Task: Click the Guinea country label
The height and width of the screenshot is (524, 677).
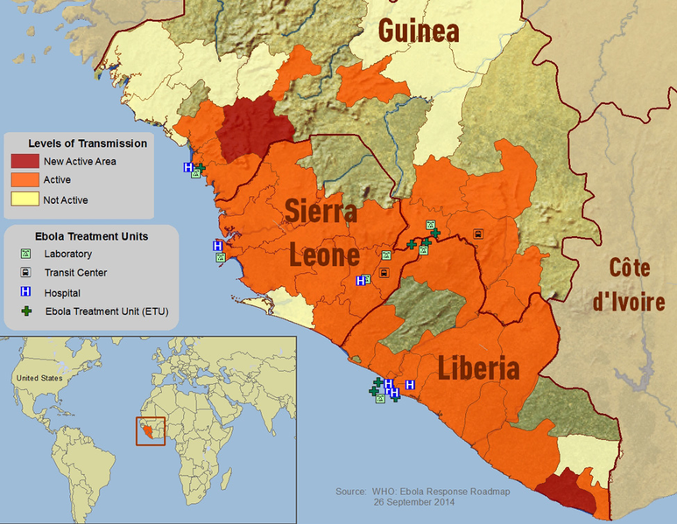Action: coord(419,31)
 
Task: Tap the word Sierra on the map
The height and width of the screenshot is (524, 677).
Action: coord(321,212)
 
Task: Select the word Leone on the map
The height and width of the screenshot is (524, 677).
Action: coord(324,255)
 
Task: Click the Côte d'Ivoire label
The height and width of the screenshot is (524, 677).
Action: coord(628,286)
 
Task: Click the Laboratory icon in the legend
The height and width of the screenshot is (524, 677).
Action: coord(26,255)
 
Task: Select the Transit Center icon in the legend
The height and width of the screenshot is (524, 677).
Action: coord(26,273)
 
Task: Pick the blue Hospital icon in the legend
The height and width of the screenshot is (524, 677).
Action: coord(26,292)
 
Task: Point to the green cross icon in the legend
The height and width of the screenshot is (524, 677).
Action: coord(26,311)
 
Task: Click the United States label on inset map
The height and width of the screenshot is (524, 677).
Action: coord(39,378)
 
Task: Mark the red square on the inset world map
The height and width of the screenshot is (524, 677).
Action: coord(150,430)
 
